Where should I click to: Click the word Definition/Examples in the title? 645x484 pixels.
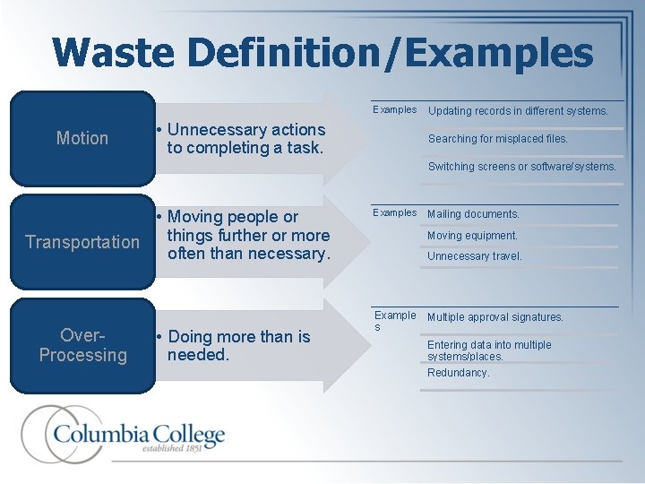click(391, 54)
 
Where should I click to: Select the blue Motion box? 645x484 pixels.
click(82, 138)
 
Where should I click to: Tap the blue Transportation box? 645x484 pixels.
click(82, 242)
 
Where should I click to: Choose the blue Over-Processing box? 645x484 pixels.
click(82, 345)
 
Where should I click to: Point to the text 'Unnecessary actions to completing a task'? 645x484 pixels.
click(245, 139)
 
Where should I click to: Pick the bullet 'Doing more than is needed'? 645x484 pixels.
click(238, 346)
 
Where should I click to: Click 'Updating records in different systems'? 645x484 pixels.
click(518, 111)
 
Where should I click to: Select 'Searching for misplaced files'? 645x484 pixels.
click(497, 139)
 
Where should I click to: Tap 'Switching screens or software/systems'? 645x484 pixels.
click(521, 167)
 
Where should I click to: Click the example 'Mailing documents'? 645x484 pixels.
click(473, 214)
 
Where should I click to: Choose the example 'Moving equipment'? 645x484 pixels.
click(472, 236)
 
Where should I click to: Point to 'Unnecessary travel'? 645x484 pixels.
click(474, 256)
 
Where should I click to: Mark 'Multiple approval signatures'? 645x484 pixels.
click(495, 317)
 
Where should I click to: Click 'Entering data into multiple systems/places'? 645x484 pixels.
click(489, 350)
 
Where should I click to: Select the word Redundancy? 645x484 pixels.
click(458, 373)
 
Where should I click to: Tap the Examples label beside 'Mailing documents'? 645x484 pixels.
click(394, 213)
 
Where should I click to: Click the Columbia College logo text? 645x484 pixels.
click(139, 436)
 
